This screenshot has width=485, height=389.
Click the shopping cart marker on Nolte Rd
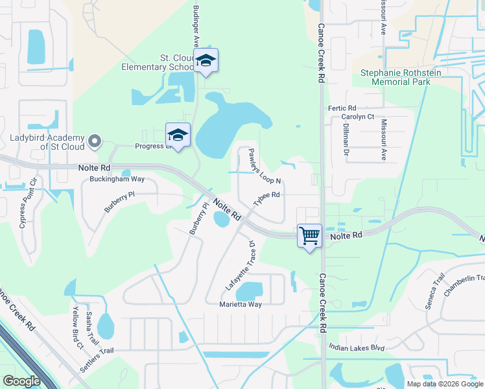(309, 235)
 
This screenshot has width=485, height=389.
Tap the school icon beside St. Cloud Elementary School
(206, 61)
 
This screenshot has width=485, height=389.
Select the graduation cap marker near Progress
(178, 135)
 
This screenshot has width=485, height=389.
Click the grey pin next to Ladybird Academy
(95, 141)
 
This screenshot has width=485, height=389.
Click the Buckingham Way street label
(117, 178)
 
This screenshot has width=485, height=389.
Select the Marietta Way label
(240, 304)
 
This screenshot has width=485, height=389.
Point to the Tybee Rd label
(266, 198)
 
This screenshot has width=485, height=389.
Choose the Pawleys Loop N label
(265, 166)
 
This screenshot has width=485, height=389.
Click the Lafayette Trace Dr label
(241, 266)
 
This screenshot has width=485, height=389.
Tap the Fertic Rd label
(342, 108)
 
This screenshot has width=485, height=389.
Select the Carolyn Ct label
(358, 117)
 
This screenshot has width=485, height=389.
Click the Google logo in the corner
(22, 381)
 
